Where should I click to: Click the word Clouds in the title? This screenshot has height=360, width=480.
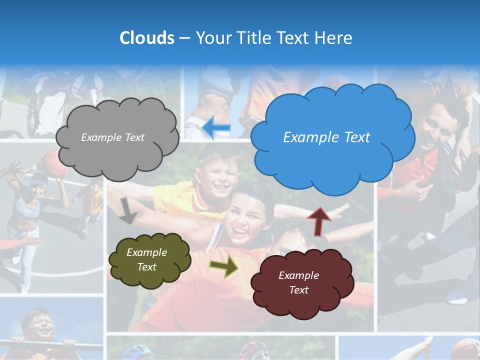click(147, 38)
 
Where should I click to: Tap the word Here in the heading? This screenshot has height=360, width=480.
click(333, 38)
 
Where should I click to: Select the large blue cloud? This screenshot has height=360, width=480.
click(332, 160)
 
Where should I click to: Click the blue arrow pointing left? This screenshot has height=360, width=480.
click(216, 127)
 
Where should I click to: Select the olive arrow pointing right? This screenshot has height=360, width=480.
click(223, 266)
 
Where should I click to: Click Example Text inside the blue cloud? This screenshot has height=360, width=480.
click(326, 137)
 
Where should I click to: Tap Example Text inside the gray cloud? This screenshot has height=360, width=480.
click(112, 137)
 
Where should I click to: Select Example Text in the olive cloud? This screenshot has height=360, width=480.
click(146, 260)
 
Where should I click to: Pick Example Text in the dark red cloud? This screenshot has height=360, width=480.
click(298, 282)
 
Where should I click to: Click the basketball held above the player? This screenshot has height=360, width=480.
click(54, 163)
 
